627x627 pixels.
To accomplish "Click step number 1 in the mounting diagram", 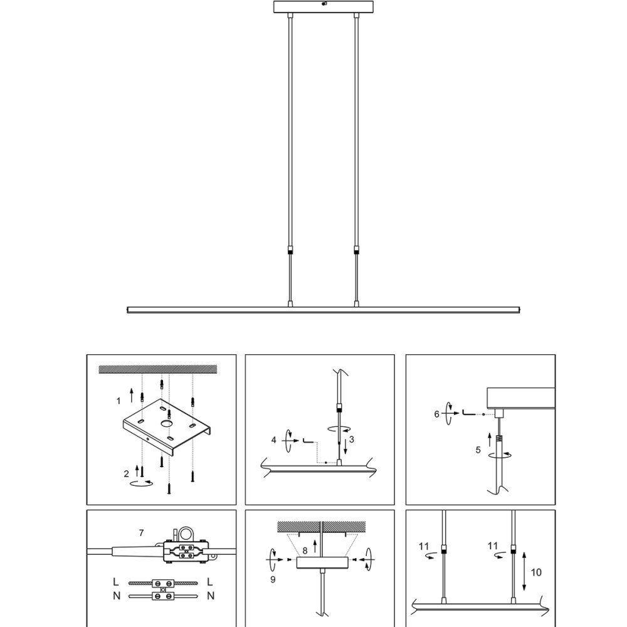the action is (119, 401).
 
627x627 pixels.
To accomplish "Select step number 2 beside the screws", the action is (127, 474).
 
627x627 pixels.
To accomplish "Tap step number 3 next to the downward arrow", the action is (352, 440).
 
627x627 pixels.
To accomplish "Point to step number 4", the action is (273, 440).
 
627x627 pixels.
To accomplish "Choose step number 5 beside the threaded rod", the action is (478, 450).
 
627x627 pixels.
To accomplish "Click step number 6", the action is (436, 414).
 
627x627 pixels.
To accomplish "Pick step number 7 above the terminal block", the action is (141, 532).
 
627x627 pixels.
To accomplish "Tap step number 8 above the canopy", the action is (305, 551).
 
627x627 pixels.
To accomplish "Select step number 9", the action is (273, 579).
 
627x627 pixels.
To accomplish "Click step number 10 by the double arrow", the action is (536, 572).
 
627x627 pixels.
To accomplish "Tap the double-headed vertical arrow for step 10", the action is (524, 571).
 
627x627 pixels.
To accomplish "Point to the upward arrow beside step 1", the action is (132, 394).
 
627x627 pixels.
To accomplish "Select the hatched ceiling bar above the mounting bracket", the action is (158, 369).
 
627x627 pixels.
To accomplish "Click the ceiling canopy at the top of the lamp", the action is (324, 7).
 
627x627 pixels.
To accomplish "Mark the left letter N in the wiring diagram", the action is (117, 596).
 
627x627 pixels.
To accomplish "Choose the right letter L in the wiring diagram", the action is (210, 582).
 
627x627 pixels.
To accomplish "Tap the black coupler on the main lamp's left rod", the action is (290, 251).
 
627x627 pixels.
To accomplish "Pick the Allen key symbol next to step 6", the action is (468, 413).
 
